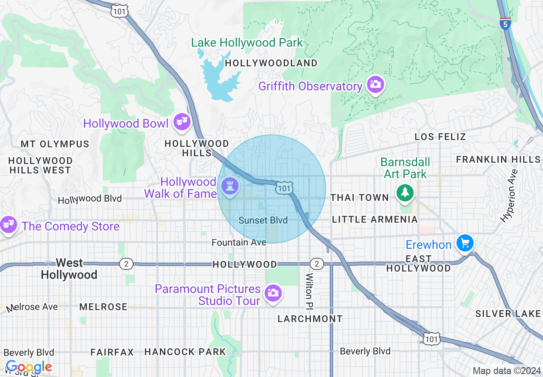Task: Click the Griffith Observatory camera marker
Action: click(375, 84)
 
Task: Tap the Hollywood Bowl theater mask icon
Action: click(182, 122)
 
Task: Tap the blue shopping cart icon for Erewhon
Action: click(464, 243)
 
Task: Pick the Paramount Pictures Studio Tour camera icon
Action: click(272, 293)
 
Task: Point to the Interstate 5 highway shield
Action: click(505, 23)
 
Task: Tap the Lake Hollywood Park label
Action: click(247, 43)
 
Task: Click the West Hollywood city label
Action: click(69, 269)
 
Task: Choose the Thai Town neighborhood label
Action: click(360, 197)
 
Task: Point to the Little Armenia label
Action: click(375, 219)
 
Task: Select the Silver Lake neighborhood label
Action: click(508, 314)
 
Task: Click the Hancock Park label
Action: click(185, 352)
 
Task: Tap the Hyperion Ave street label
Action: click(509, 196)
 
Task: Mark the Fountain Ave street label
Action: click(239, 242)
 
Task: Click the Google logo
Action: click(29, 367)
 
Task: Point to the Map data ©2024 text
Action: click(507, 371)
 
